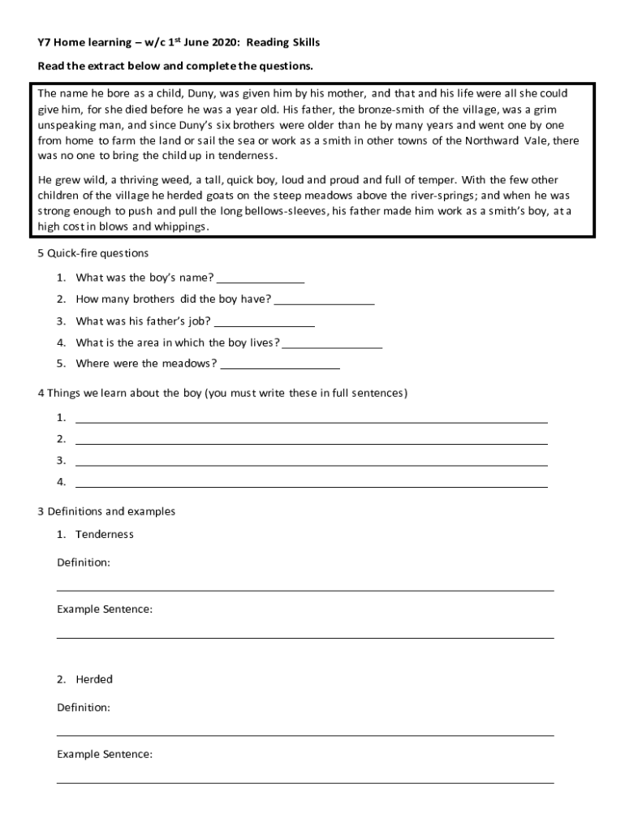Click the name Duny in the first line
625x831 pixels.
[203, 93]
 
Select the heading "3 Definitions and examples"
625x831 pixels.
[106, 511]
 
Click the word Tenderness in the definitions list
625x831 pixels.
[105, 534]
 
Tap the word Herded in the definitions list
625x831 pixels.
[94, 679]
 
